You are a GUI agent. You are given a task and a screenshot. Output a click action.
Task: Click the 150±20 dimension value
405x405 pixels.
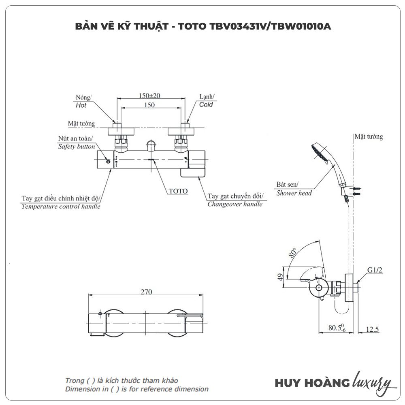pos(149,96)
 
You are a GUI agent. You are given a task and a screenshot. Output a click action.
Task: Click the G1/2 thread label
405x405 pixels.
pos(375,270)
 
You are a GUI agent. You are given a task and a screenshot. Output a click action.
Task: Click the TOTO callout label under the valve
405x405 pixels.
pos(178,191)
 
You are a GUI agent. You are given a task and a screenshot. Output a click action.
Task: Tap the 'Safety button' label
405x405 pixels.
pos(77,147)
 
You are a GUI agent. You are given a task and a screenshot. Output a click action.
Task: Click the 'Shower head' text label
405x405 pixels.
pos(294,193)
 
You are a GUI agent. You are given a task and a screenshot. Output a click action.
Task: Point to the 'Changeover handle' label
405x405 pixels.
pos(234,204)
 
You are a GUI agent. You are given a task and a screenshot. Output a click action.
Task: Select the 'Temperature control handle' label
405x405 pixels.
pos(61,206)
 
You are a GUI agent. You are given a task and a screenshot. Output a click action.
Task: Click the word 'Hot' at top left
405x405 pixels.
pos(81,105)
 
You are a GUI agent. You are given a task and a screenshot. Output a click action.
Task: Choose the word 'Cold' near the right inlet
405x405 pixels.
pos(206,104)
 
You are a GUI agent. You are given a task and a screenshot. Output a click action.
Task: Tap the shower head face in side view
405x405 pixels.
pos(318,151)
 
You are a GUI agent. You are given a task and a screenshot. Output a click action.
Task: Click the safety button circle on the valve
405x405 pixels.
pos(108,162)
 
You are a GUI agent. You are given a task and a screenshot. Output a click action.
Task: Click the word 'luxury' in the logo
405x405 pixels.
pos(373,382)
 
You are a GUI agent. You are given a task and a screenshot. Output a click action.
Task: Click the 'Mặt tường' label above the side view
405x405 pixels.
pos(368,137)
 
